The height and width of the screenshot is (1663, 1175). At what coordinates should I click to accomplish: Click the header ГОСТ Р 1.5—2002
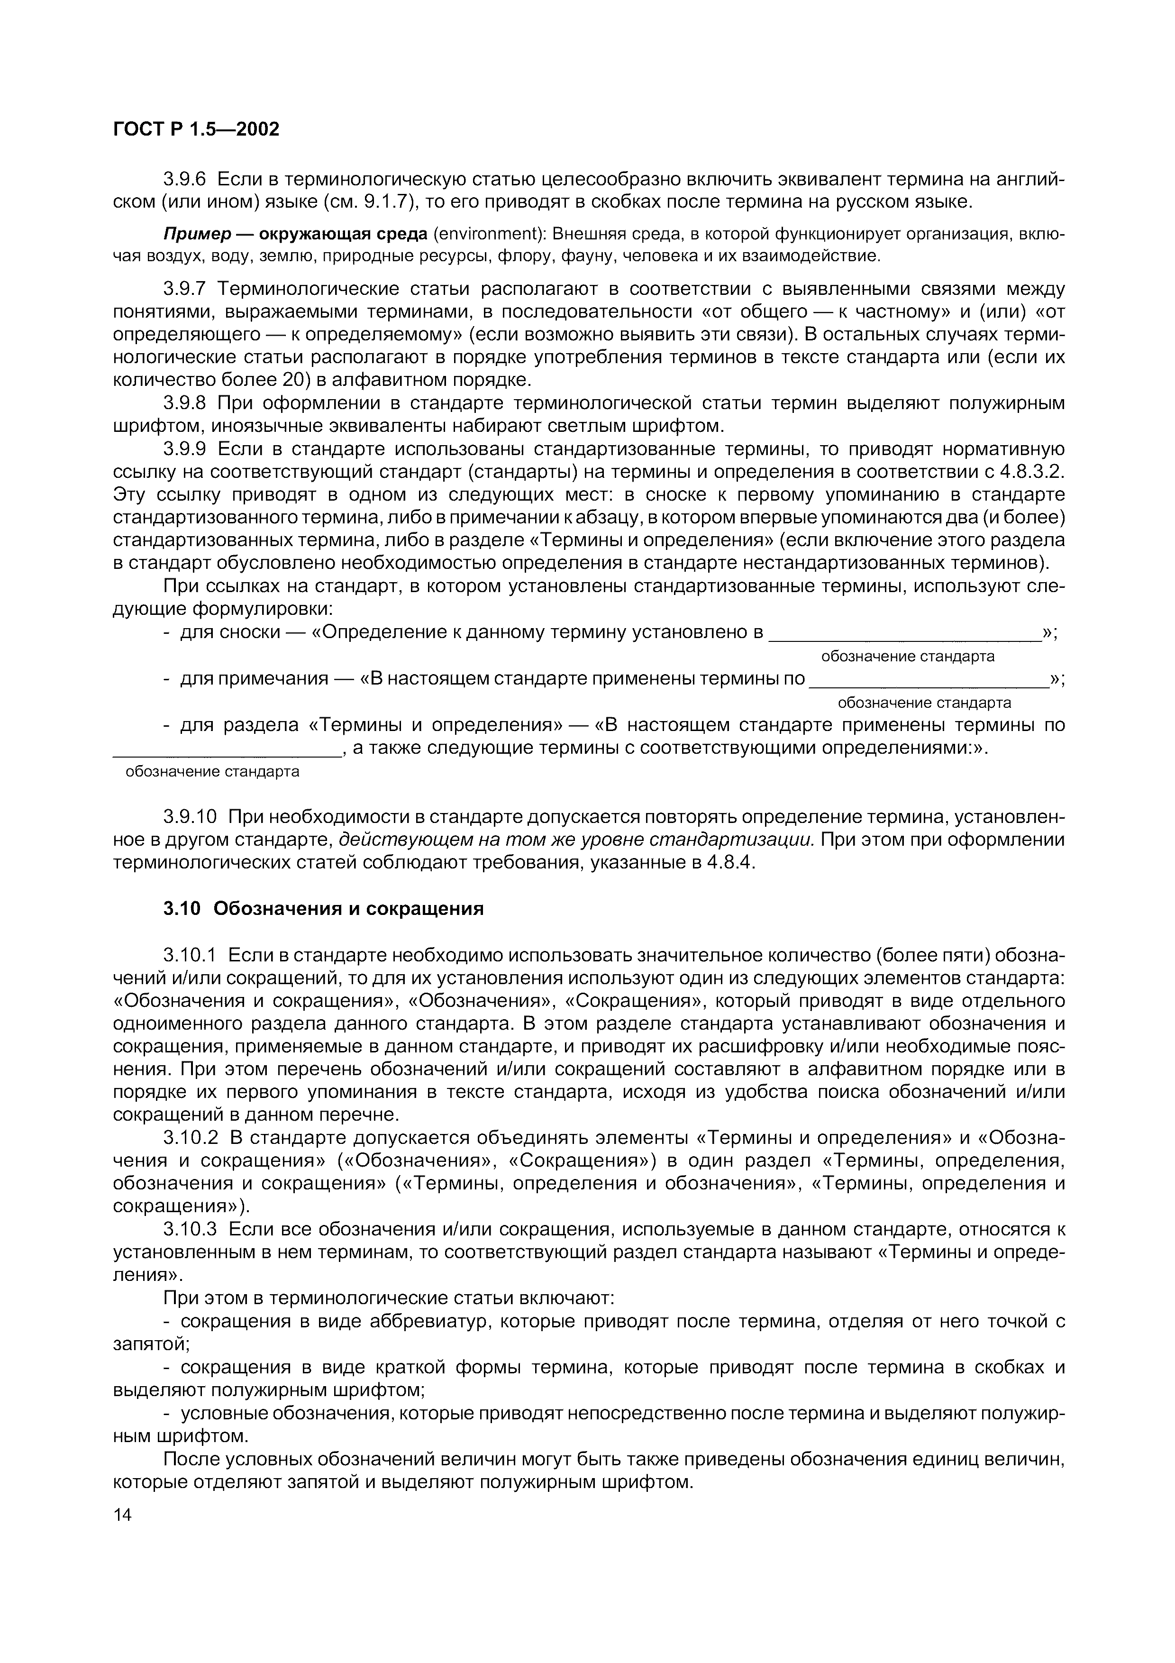[x=196, y=129]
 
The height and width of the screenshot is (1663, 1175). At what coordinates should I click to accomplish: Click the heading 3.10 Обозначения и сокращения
[x=323, y=908]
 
